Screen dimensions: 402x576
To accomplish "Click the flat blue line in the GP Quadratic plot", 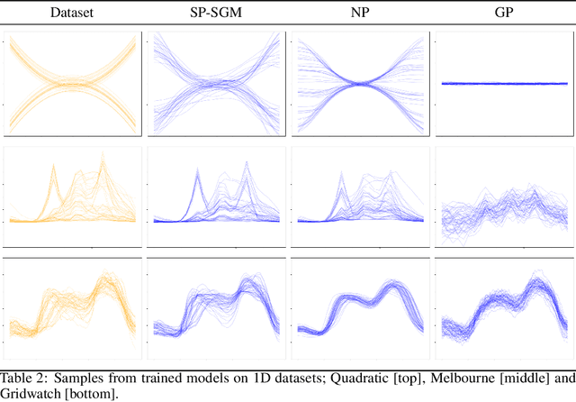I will coord(502,83).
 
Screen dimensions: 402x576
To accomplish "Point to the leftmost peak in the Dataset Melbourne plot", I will coord(54,168).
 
